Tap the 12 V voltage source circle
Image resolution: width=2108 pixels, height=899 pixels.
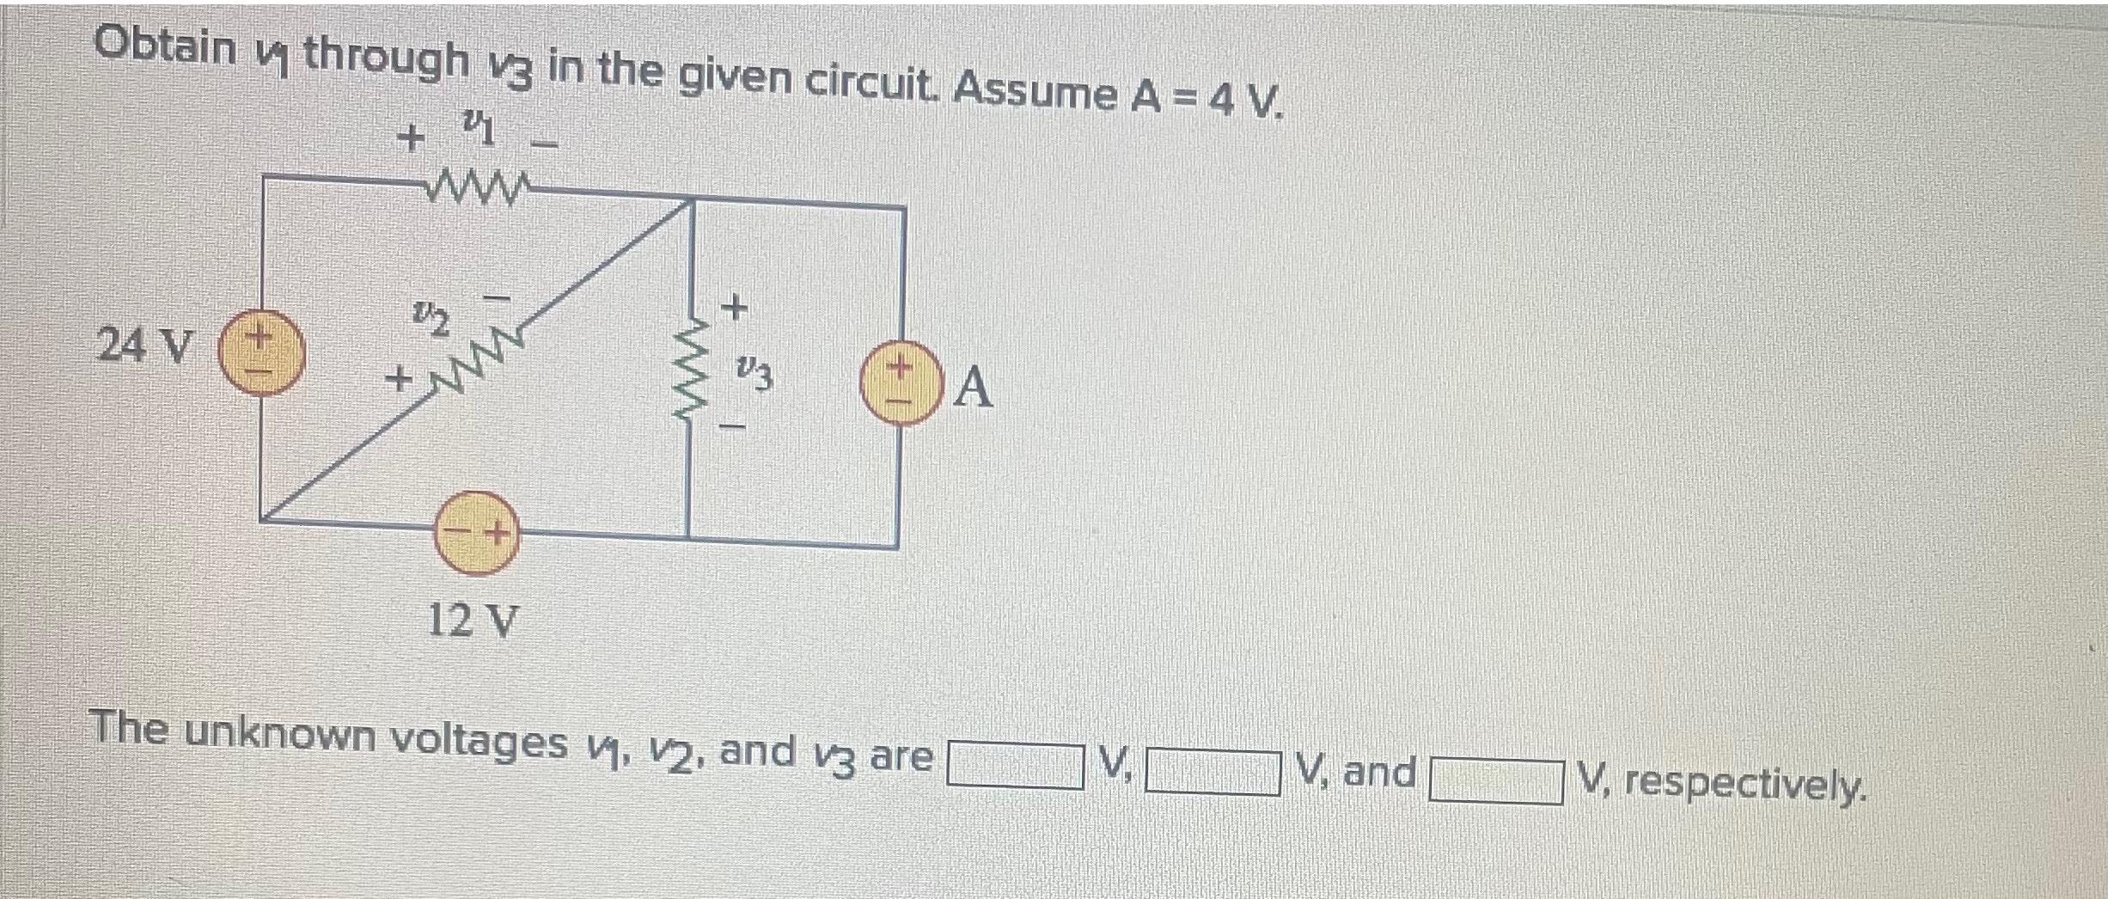476,533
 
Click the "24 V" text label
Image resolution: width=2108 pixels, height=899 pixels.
144,346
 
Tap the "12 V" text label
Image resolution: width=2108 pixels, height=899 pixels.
474,619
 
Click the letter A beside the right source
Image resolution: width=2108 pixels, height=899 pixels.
973,388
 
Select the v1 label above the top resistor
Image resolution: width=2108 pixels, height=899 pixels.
478,132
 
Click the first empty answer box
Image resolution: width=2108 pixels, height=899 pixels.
1014,764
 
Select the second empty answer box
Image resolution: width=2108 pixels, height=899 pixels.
1213,771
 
